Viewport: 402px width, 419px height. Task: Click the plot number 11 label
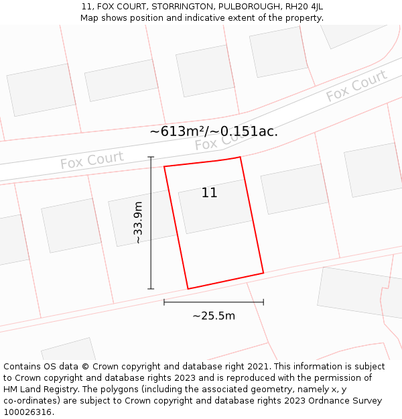point(209,193)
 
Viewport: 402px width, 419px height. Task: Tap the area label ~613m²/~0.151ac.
point(214,131)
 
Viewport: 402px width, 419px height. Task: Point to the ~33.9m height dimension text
point(138,223)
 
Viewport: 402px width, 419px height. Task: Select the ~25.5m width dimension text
point(214,316)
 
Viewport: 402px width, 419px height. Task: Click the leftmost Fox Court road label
point(92,161)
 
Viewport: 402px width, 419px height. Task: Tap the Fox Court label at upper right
point(356,86)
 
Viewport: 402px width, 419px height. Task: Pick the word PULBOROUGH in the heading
point(250,7)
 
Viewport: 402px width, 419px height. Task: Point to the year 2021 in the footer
point(257,367)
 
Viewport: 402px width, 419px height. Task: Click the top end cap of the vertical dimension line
point(151,158)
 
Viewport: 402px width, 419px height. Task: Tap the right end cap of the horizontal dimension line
point(263,302)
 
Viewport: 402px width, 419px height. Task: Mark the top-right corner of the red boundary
point(240,158)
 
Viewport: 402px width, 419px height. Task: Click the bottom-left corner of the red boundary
point(188,289)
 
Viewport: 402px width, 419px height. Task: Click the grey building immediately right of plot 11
point(293,188)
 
